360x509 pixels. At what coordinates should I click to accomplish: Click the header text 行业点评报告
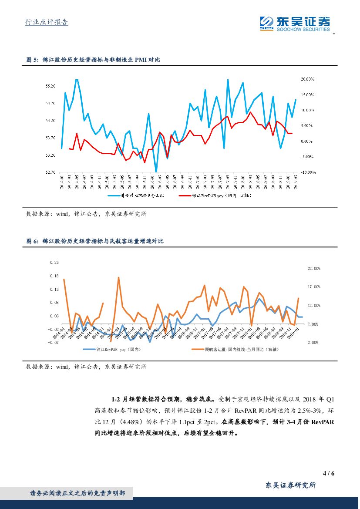(x=45, y=22)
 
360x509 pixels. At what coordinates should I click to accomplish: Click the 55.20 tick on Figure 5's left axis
(x=50, y=86)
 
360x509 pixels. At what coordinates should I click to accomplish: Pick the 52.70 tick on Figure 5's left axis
(x=50, y=172)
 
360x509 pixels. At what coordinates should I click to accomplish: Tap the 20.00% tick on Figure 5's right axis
(x=307, y=79)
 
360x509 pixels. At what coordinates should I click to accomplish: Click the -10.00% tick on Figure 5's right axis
(x=308, y=172)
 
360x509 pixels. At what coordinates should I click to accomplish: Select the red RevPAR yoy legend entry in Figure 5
(x=216, y=196)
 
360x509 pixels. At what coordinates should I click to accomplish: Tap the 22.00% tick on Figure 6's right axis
(x=314, y=269)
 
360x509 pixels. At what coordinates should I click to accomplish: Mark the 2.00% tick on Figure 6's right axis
(x=314, y=343)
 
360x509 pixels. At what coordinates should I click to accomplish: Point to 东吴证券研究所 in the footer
(x=290, y=485)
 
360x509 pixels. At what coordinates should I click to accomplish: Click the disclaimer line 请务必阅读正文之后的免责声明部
(x=77, y=493)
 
